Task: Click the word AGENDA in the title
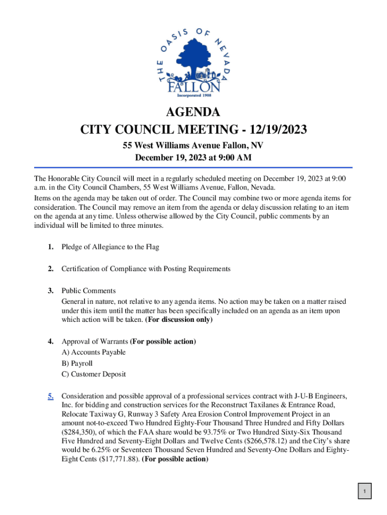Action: coord(193,112)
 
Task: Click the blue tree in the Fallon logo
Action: coord(192,58)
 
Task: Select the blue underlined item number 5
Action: coord(51,396)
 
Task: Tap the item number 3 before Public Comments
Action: coord(51,291)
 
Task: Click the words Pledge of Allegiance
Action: coord(93,247)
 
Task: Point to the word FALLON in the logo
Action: coord(193,88)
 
